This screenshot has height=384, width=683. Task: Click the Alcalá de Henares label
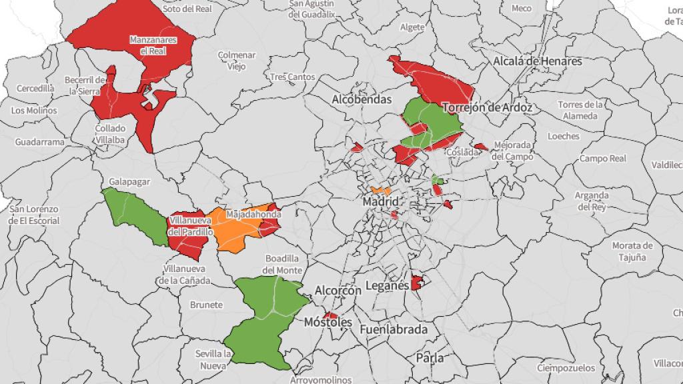click(538, 61)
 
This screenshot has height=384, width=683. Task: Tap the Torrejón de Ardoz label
click(487, 107)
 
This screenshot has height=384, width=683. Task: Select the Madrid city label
click(381, 201)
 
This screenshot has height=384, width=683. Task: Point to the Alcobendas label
click(361, 99)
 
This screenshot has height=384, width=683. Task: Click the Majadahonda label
click(253, 215)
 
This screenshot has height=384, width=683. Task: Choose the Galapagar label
click(129, 181)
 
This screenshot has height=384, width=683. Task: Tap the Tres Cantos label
click(292, 77)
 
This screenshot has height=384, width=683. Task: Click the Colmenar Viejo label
click(237, 61)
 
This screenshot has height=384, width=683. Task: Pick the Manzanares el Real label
click(153, 45)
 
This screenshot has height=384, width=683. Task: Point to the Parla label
click(430, 358)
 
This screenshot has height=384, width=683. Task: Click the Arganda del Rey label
click(592, 201)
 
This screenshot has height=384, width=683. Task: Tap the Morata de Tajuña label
click(630, 251)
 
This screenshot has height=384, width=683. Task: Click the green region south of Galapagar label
click(137, 217)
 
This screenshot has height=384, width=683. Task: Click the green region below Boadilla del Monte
click(263, 320)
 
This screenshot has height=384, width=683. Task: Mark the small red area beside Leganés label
click(417, 283)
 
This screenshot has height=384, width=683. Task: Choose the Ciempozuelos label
click(563, 368)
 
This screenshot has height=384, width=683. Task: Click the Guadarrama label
click(40, 142)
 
